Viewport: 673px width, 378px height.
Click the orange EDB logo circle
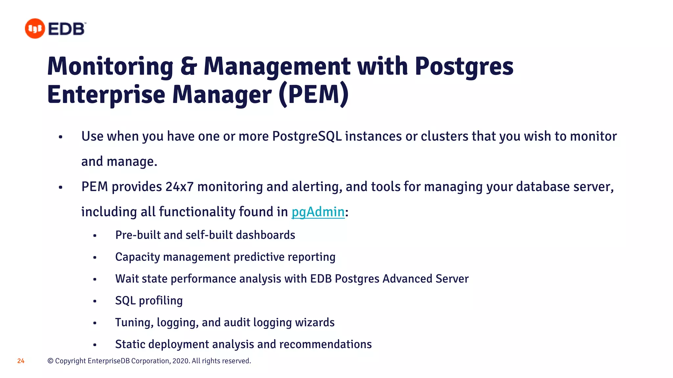click(x=35, y=29)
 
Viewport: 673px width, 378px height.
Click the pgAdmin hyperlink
click(x=318, y=212)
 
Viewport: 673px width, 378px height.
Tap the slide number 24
click(x=21, y=361)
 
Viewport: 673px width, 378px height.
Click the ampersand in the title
click(x=188, y=66)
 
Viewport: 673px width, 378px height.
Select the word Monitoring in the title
click(x=110, y=66)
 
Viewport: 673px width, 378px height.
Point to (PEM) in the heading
click(x=313, y=94)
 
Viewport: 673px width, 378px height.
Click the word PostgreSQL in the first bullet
click(x=307, y=136)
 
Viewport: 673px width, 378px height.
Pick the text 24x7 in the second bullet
click(x=179, y=187)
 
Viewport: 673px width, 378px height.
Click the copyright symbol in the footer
click(x=51, y=361)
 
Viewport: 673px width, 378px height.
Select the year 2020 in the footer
click(x=180, y=361)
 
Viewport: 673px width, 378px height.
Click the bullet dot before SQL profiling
click(x=95, y=301)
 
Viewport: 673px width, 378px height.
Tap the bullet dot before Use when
click(x=60, y=137)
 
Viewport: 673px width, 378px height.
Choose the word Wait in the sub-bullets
click(x=127, y=279)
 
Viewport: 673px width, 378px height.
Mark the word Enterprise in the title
click(x=106, y=94)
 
